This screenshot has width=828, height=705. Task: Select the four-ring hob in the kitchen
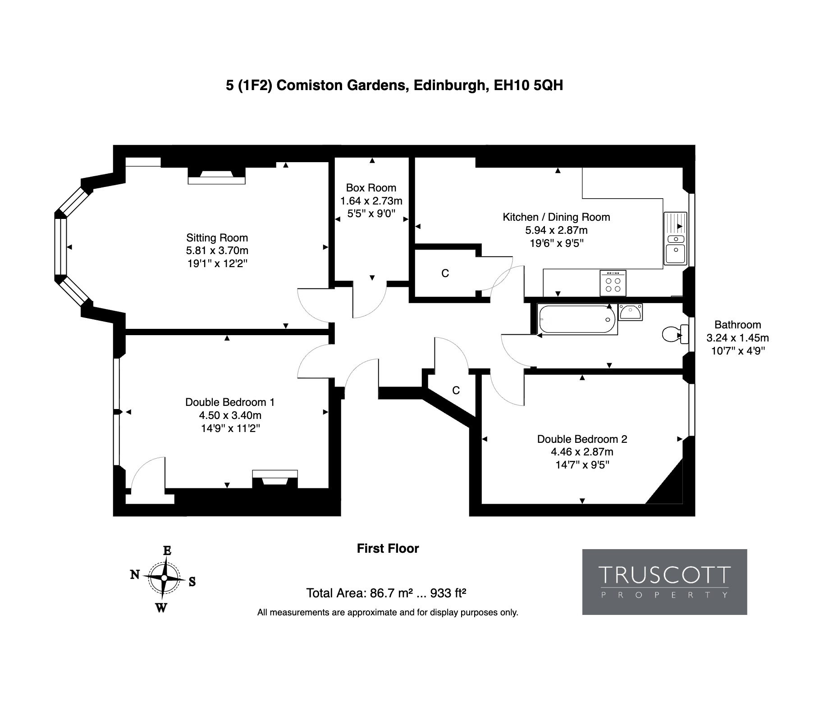613,283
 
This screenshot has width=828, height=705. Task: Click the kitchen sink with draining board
675,238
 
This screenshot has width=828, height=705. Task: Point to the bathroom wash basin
631,312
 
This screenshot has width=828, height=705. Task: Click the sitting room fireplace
216,176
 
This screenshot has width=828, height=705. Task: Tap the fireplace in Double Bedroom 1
274,478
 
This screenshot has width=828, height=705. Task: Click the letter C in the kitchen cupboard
445,273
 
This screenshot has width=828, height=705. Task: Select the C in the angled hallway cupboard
456,391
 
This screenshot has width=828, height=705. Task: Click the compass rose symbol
164,578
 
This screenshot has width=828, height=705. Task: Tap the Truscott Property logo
664,582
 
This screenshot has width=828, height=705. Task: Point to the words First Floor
388,548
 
